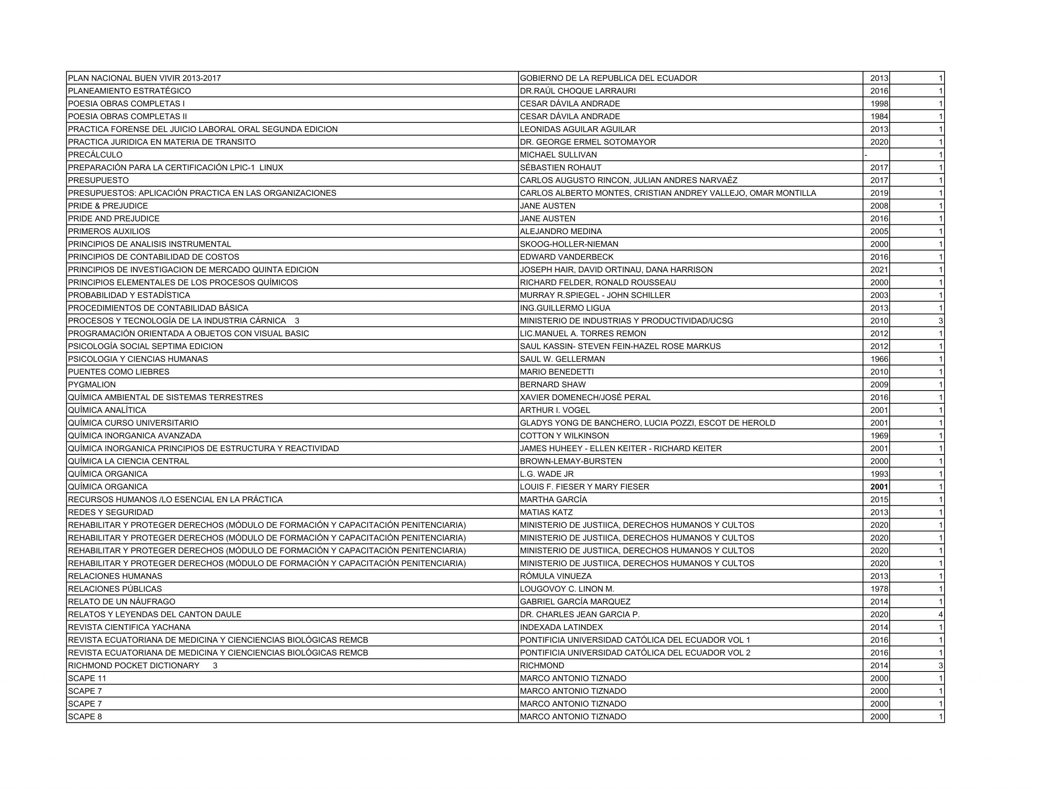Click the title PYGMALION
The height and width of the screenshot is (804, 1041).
[x=92, y=385]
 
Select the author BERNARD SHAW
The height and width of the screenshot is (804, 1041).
[x=553, y=385]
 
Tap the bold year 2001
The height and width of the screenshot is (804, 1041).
[x=879, y=487]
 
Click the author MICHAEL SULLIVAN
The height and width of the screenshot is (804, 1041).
[x=558, y=155]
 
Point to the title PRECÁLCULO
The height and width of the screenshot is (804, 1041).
[x=95, y=155]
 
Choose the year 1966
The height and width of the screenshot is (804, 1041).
[x=879, y=359]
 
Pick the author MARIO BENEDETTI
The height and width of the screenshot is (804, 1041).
[x=557, y=372]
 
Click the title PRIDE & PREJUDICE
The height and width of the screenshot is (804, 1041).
[x=108, y=206]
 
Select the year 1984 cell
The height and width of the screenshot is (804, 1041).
[x=879, y=116]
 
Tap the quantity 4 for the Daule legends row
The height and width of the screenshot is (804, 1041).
[x=941, y=614]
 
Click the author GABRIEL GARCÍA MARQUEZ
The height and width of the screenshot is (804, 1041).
[x=575, y=602]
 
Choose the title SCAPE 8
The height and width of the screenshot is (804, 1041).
[x=85, y=716]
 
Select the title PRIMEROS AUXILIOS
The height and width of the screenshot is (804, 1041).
[x=109, y=231]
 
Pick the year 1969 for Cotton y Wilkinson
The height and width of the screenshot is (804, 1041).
[x=879, y=436]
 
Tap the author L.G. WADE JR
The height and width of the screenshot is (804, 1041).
[x=547, y=474]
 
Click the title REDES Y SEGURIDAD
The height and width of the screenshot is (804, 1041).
[x=111, y=512]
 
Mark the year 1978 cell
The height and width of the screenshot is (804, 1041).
[x=879, y=589]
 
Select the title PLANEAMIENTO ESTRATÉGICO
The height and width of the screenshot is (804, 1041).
[x=129, y=91]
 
